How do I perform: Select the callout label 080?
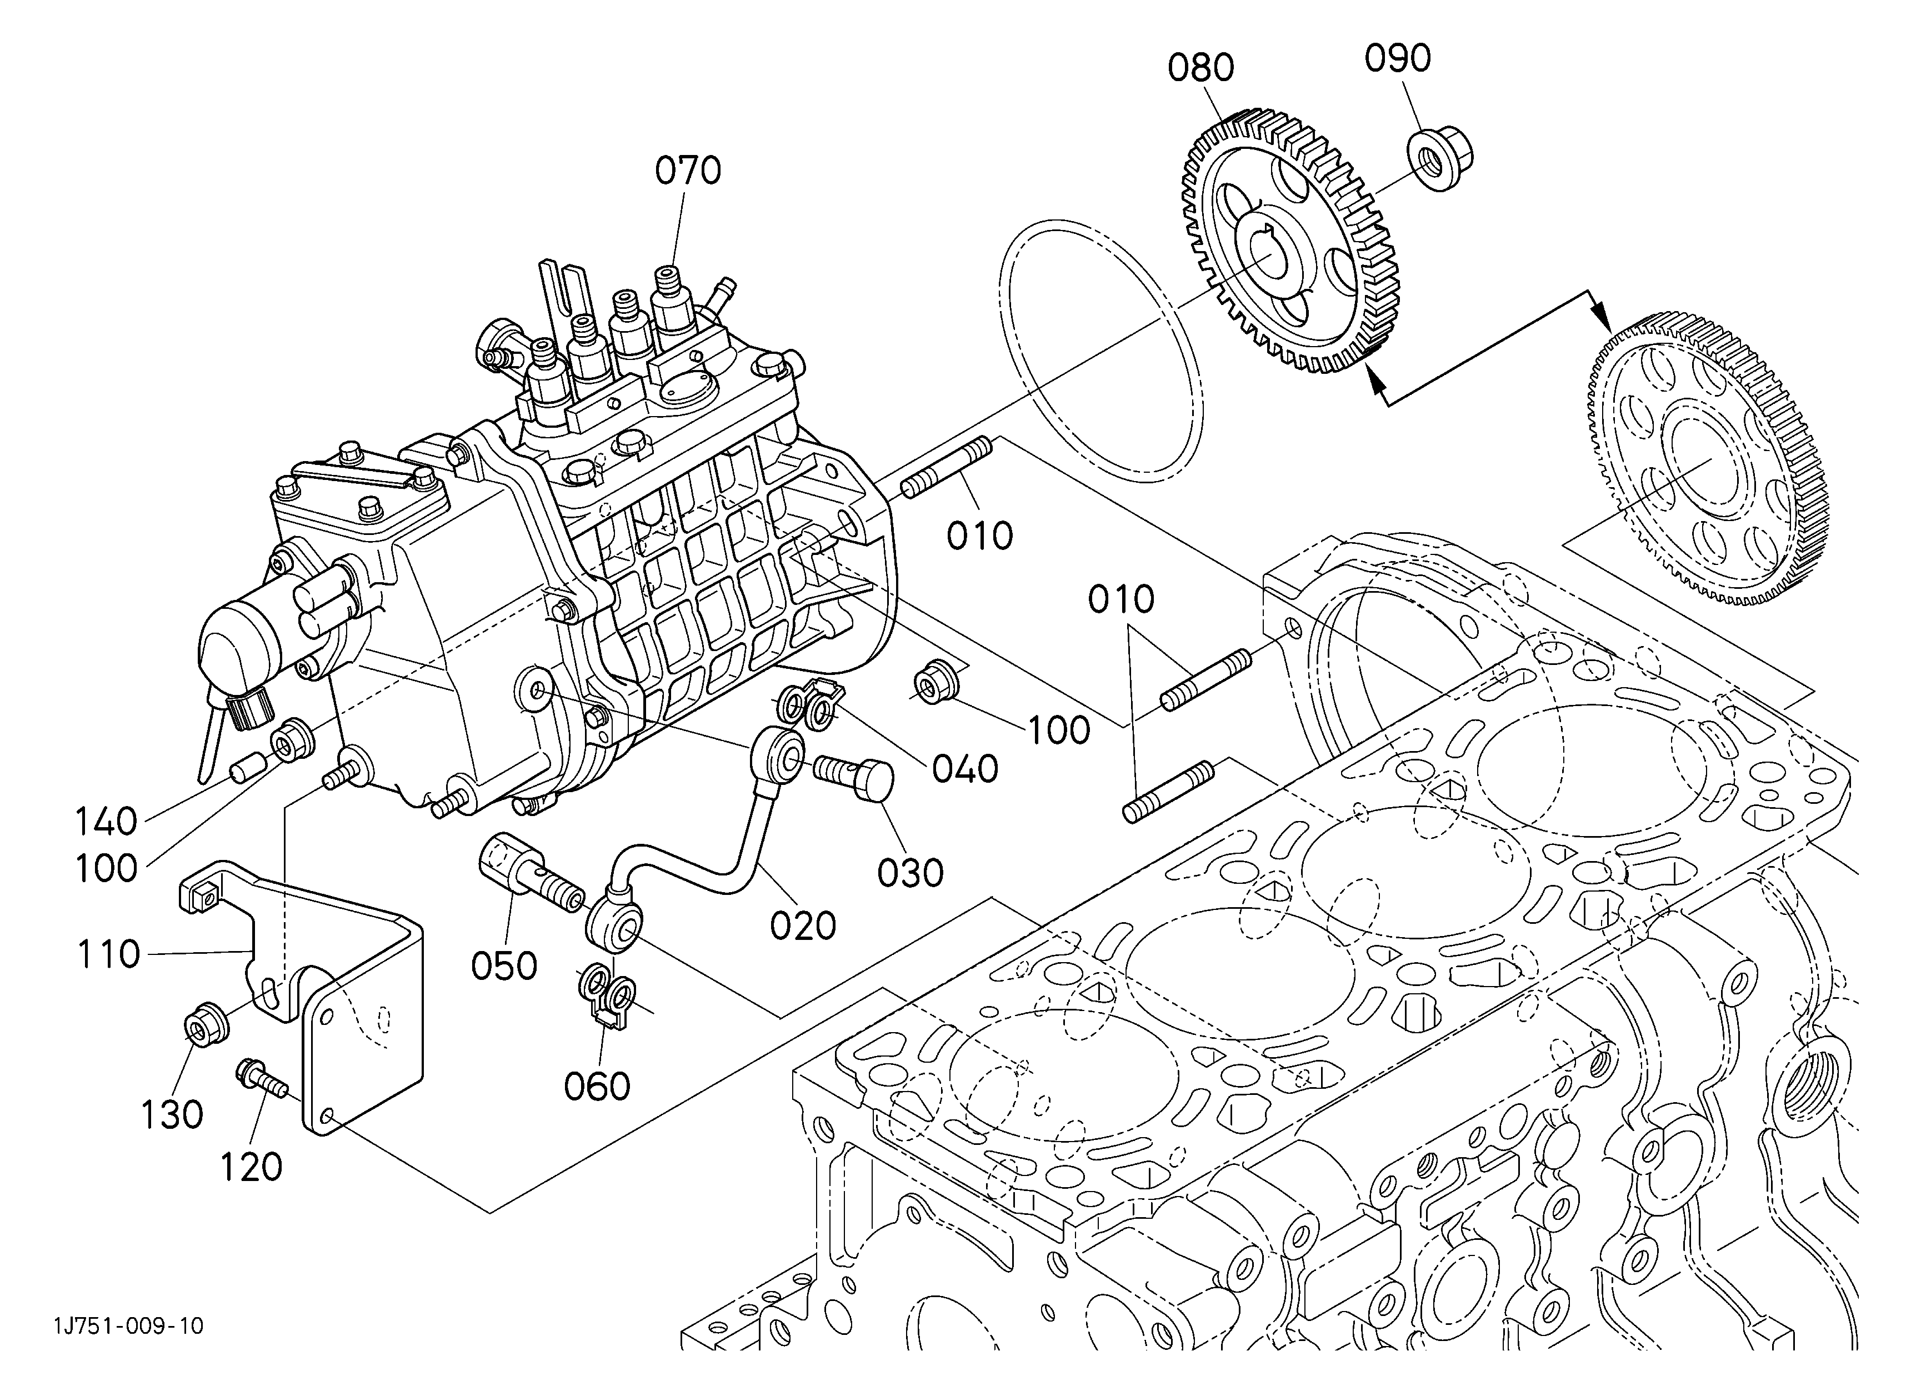tap(1201, 68)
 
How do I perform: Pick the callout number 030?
tap(910, 874)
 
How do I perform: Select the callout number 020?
tap(803, 927)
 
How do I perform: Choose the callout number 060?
tap(597, 1087)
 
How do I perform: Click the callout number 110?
tap(108, 955)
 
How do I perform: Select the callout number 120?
tap(251, 1168)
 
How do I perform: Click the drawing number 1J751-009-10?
tap(128, 1327)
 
